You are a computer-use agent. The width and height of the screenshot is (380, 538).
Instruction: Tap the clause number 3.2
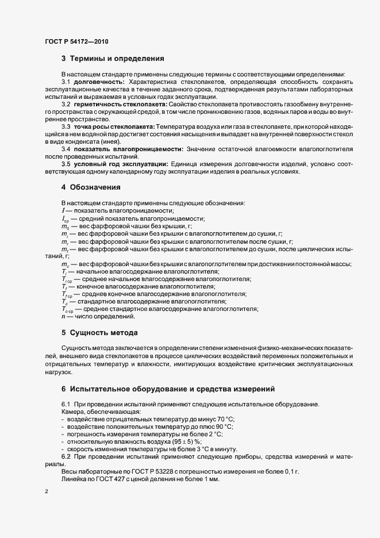coord(66,104)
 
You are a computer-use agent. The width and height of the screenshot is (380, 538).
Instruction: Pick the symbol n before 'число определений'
coord(63,316)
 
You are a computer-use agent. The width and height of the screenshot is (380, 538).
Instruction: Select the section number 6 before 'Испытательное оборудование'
coord(64,389)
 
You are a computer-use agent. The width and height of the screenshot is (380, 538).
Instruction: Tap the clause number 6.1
coord(66,405)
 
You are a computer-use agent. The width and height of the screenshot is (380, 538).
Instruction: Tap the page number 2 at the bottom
coord(47,492)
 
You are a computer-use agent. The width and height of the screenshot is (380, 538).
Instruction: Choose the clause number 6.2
coord(66,456)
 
